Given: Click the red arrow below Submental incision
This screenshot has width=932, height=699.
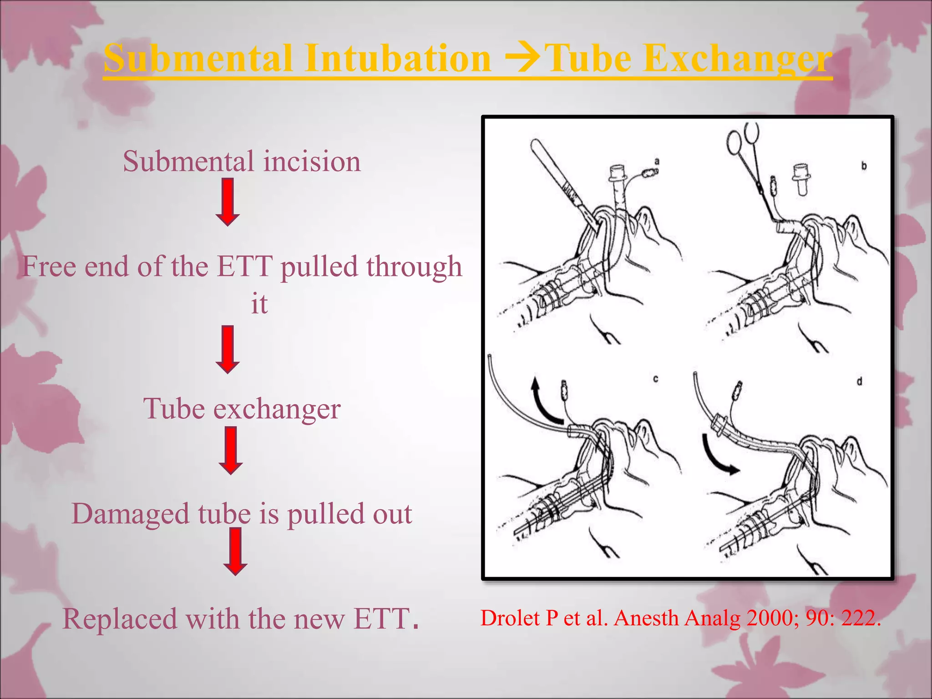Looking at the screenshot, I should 228,202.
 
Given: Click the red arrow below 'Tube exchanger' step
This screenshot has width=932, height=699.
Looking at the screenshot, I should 231,450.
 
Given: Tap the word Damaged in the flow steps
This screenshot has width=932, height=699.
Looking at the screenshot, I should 130,514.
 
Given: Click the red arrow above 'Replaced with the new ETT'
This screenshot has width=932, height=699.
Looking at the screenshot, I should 235,551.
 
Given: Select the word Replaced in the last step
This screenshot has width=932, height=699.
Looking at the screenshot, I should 120,619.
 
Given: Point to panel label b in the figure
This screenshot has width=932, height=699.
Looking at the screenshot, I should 864,167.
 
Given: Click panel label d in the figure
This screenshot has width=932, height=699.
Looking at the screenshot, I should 859,381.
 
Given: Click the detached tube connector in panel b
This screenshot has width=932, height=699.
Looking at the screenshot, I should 802,179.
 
